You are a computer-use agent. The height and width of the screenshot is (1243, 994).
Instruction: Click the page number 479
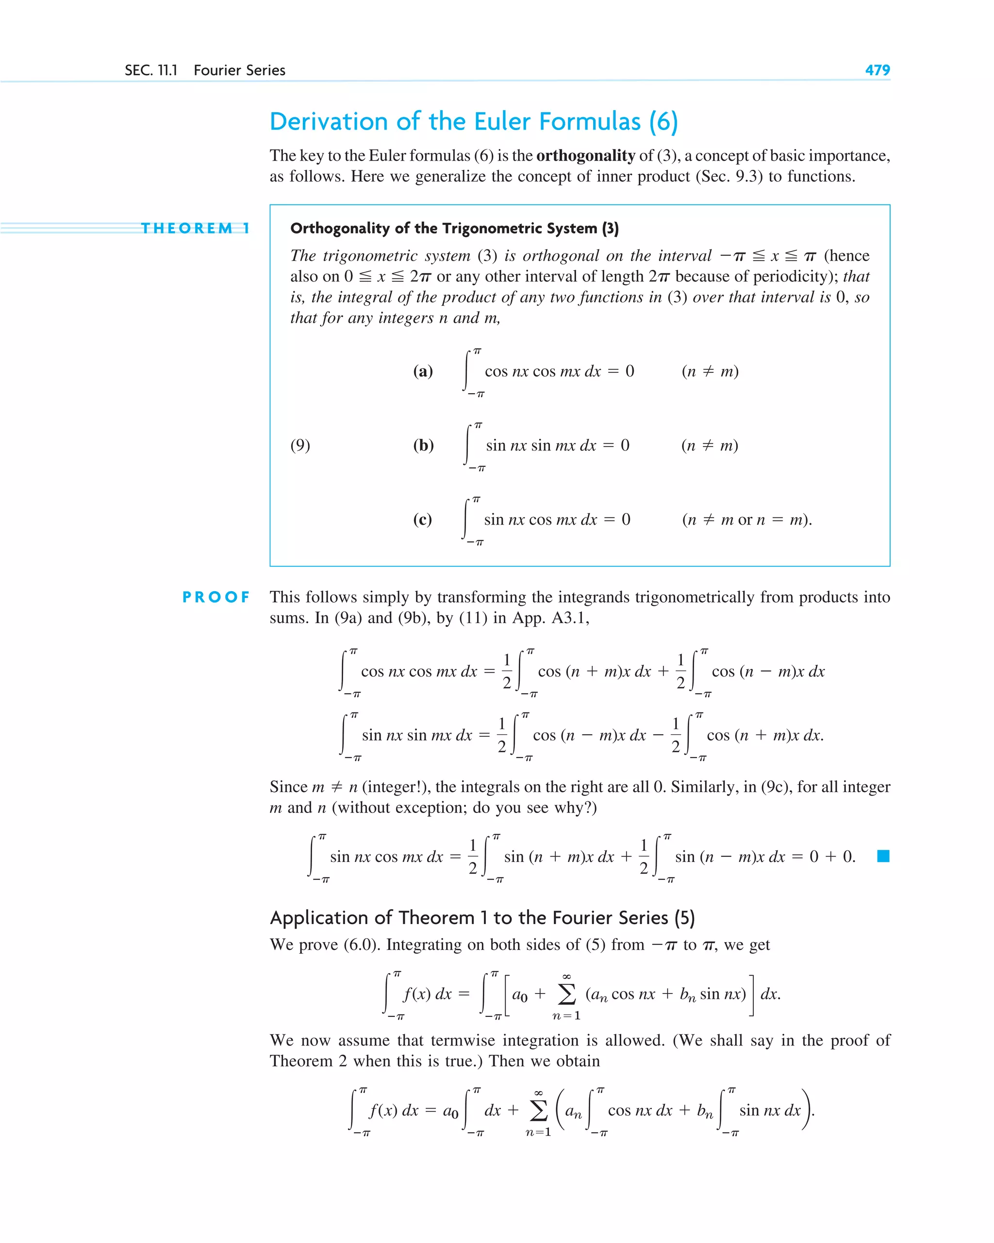(877, 70)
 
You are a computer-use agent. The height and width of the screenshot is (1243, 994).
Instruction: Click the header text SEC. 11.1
(151, 70)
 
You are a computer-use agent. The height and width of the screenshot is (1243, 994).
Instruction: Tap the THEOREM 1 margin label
(195, 228)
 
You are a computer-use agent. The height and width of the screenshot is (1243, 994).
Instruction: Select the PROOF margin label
(216, 597)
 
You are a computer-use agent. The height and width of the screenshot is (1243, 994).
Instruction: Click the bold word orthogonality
(585, 156)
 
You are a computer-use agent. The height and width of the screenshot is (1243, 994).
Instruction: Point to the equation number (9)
(300, 445)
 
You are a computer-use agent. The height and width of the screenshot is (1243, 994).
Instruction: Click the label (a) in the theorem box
(423, 371)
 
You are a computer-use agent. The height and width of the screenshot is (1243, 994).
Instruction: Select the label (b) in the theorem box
(423, 445)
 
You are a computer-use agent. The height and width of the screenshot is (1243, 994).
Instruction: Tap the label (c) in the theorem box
(422, 519)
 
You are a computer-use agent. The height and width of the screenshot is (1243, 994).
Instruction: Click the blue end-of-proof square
(883, 856)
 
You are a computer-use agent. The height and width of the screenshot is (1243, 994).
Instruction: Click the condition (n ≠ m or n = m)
(746, 519)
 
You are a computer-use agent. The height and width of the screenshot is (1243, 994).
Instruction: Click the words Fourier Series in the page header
(239, 70)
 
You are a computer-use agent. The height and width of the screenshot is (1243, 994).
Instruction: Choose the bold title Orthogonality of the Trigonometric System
(454, 228)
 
